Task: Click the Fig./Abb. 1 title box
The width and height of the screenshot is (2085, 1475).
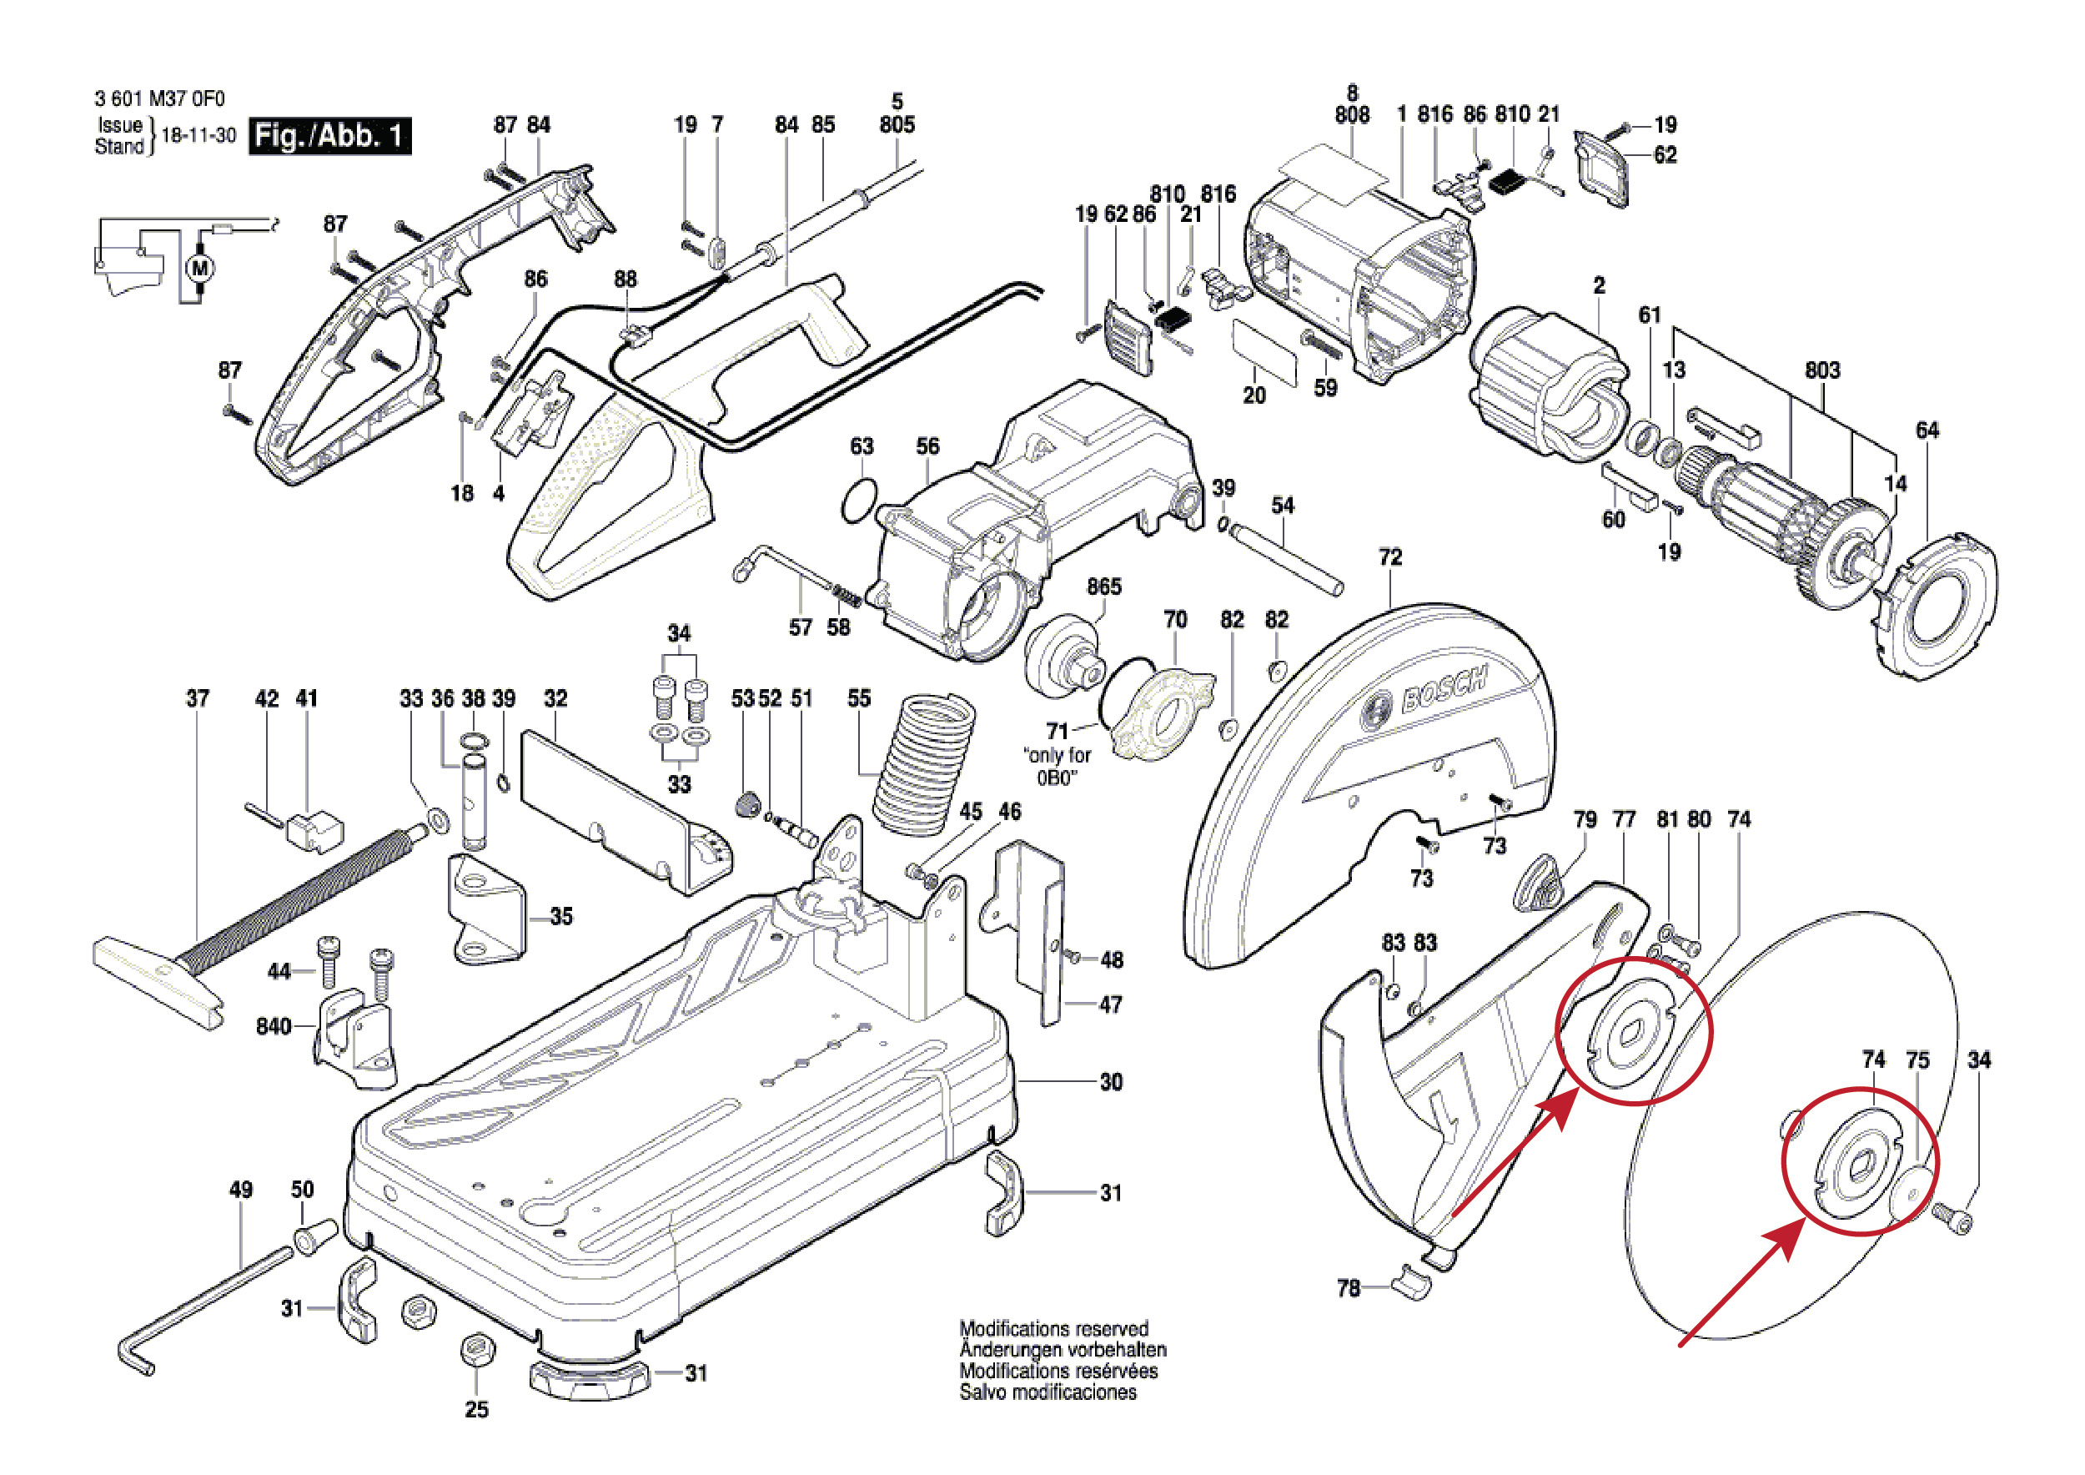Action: coord(329,136)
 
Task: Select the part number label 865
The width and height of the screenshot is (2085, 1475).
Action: coord(1103,586)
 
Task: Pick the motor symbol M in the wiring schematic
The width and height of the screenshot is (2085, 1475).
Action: coord(200,268)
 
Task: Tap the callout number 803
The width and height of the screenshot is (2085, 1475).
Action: coord(1821,370)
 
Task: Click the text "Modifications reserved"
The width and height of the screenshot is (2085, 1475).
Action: coord(1053,1329)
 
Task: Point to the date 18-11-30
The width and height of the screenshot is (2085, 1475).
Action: coord(198,136)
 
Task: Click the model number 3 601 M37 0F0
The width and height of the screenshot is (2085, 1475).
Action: coord(159,98)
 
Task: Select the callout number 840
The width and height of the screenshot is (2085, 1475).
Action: coord(273,1026)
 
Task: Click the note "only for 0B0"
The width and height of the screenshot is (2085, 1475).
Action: coord(1057,766)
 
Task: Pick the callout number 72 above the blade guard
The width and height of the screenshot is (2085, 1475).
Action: coord(1389,556)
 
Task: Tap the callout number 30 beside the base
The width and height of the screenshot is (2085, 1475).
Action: coord(1111,1082)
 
